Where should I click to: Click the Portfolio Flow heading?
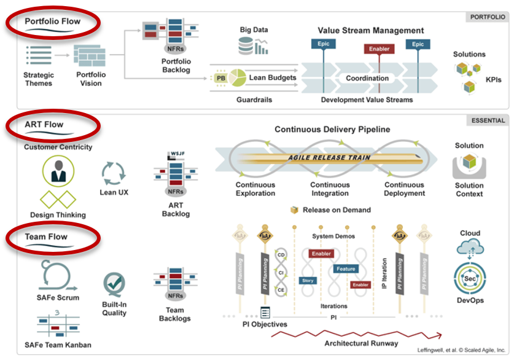(52, 22)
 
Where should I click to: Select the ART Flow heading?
(44, 125)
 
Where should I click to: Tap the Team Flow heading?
(46, 237)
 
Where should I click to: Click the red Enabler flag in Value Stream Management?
(380, 49)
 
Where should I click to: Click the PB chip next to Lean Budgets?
(220, 78)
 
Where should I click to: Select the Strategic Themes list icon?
(39, 55)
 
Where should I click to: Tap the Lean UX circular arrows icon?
(113, 173)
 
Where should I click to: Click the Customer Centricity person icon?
(59, 171)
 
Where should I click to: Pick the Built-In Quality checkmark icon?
(114, 283)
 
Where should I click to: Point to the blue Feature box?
(346, 269)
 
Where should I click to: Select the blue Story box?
(308, 281)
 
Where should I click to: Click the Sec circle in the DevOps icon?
(470, 279)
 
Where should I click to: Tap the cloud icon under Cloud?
(470, 247)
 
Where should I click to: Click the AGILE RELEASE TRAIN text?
(330, 157)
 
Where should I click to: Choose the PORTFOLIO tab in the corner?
(488, 17)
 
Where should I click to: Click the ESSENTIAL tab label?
(489, 120)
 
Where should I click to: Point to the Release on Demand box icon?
(295, 210)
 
